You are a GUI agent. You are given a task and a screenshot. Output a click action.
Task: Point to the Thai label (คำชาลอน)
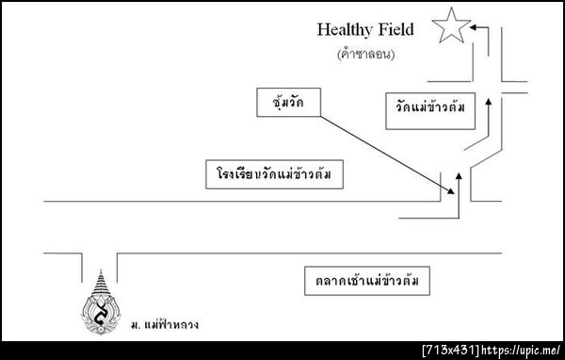coord(364,55)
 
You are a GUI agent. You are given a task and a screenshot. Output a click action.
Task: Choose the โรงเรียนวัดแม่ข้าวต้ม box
coord(273,174)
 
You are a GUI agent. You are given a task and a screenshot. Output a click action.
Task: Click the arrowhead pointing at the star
coord(474,28)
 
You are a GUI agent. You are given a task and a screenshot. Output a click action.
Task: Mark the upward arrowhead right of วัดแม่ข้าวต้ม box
coord(488,97)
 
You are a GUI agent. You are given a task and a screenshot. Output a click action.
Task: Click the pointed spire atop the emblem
coord(101,278)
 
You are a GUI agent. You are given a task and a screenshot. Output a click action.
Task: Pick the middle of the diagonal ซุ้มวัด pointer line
coord(384,152)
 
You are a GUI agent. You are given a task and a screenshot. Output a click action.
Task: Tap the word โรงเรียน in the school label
coord(235,174)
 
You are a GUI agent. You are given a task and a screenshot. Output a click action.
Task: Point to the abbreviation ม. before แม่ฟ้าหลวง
coord(134,325)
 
